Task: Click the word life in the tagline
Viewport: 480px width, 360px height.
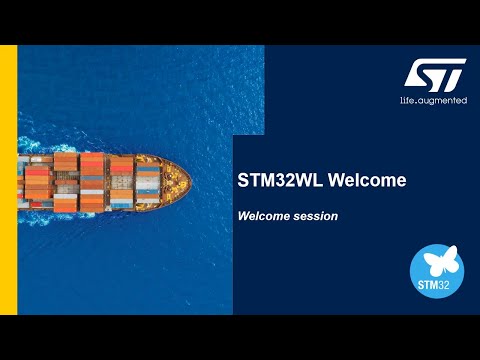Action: (407, 101)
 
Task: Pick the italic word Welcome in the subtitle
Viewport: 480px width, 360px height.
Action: (263, 215)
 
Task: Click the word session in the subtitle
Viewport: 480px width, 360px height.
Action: (315, 215)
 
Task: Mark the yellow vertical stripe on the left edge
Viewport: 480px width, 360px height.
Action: (8, 180)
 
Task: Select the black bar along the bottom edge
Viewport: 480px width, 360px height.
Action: (240, 337)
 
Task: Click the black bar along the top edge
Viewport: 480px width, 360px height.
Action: (240, 22)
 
